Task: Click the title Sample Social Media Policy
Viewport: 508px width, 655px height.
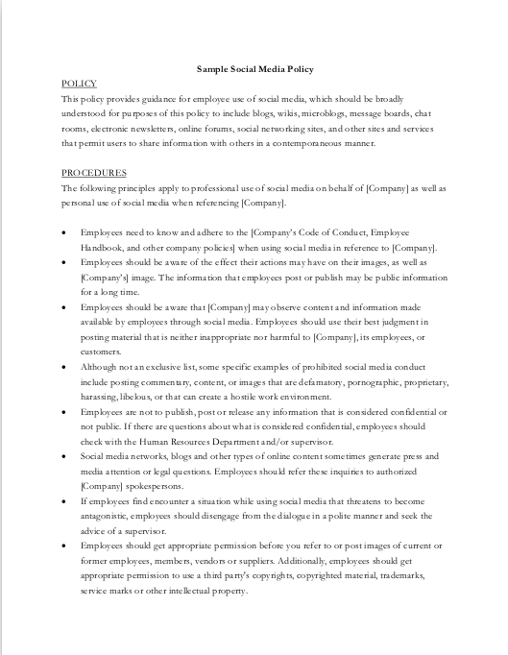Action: tap(254, 70)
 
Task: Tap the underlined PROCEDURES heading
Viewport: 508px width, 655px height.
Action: tap(93, 173)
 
